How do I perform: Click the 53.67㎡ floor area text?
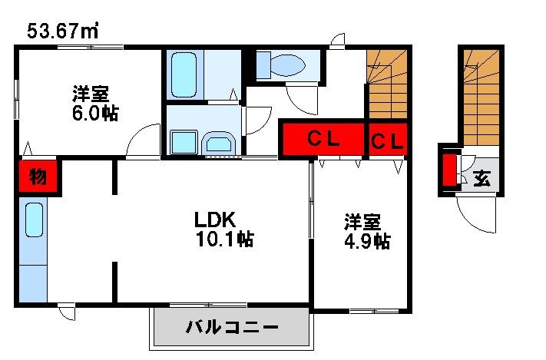[61, 31]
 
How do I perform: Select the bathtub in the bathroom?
[184, 75]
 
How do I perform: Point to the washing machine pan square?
[184, 143]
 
